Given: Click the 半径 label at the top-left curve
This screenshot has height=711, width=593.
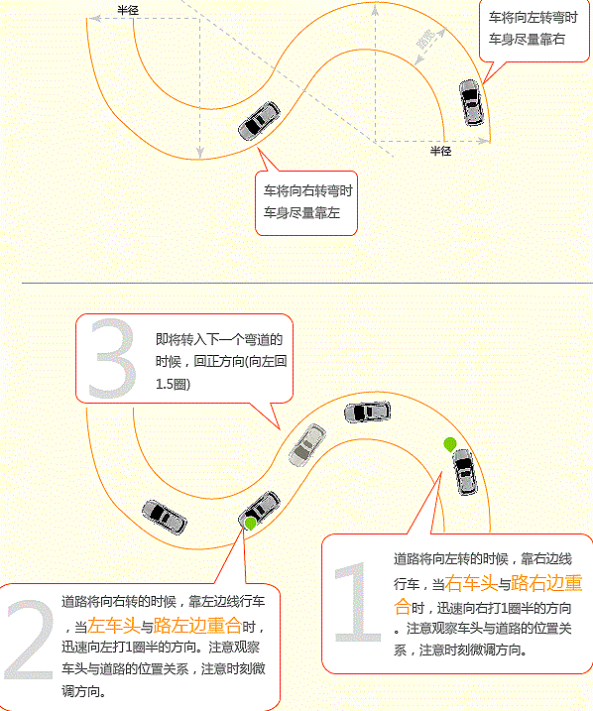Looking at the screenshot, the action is (128, 10).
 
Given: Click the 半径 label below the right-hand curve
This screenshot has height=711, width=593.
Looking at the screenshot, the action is (440, 151).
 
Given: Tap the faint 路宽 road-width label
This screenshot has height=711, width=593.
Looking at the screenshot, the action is (426, 40).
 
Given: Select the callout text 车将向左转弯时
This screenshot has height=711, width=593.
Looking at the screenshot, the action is (533, 18).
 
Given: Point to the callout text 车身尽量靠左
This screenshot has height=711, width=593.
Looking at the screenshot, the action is (301, 212).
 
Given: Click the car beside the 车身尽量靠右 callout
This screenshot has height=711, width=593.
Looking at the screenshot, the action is (471, 102).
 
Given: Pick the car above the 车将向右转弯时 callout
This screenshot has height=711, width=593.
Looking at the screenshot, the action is (260, 121).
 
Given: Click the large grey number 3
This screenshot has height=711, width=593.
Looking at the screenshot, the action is (112, 358).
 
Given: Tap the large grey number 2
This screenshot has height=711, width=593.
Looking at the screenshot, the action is (30, 640).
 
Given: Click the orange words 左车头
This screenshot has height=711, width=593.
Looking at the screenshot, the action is (113, 626).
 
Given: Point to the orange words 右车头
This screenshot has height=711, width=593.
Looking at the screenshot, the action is (471, 583).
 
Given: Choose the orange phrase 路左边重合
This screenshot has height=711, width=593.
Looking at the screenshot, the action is (197, 626).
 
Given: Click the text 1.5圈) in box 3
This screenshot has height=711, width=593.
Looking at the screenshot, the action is (173, 384).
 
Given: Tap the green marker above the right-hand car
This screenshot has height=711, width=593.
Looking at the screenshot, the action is (450, 444).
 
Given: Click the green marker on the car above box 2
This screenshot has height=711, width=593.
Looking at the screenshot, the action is (250, 524).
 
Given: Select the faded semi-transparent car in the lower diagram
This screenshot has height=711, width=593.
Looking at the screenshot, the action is (307, 445).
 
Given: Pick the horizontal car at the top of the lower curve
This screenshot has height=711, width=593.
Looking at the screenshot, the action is (367, 412).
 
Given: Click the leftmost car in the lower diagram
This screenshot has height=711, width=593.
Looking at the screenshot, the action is (165, 518).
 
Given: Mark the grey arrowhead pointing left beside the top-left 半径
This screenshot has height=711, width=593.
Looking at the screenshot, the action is (94, 18).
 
